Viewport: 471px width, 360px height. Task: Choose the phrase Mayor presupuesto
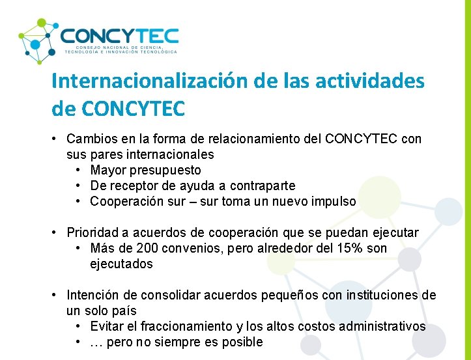[146, 170]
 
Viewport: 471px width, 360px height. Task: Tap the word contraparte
[264, 186]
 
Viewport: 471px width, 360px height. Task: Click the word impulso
[334, 201]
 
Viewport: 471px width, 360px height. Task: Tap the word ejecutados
[121, 264]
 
